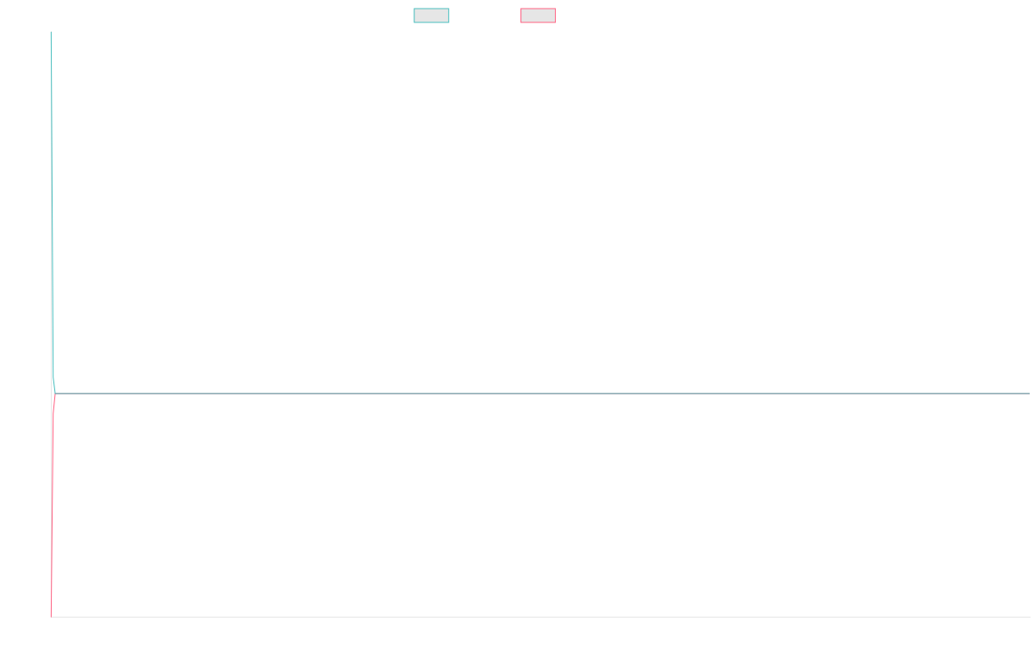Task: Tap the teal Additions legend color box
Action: click(x=431, y=16)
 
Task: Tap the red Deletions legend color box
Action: click(x=538, y=16)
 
